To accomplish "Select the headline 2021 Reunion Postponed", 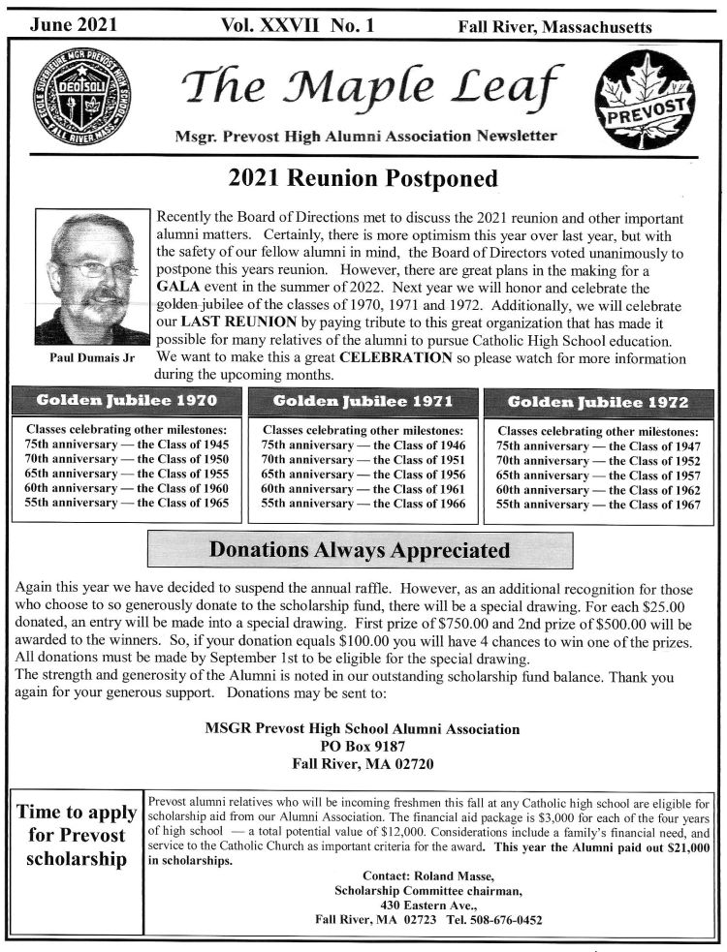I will [363, 178].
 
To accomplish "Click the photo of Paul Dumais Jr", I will [92, 278].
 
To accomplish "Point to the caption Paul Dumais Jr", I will [92, 357].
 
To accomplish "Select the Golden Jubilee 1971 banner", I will [363, 401].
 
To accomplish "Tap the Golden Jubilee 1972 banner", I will [598, 402].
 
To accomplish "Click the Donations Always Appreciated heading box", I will [360, 550].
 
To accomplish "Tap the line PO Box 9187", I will [363, 746].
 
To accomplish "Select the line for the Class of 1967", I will [598, 506].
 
